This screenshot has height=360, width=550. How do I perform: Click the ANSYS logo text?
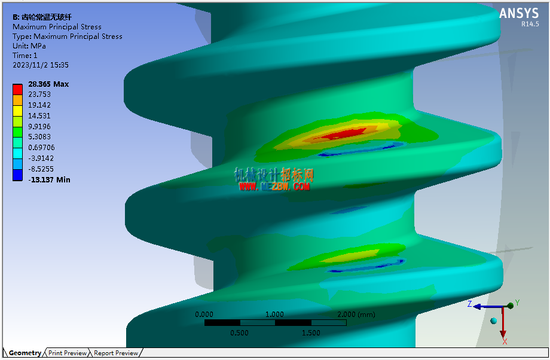(x=519, y=14)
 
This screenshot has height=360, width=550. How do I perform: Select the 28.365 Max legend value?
(x=48, y=84)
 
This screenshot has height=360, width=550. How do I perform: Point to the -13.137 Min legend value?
(x=49, y=179)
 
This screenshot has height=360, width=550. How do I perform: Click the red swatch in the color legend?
(x=17, y=90)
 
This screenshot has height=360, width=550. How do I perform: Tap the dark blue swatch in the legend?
(x=17, y=175)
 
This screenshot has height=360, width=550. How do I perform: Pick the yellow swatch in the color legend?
(x=17, y=111)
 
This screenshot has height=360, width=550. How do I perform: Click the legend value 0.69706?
(x=41, y=147)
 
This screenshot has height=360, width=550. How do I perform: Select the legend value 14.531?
(x=39, y=116)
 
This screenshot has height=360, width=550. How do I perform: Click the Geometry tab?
(x=25, y=353)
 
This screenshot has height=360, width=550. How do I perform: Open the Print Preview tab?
(x=68, y=353)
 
